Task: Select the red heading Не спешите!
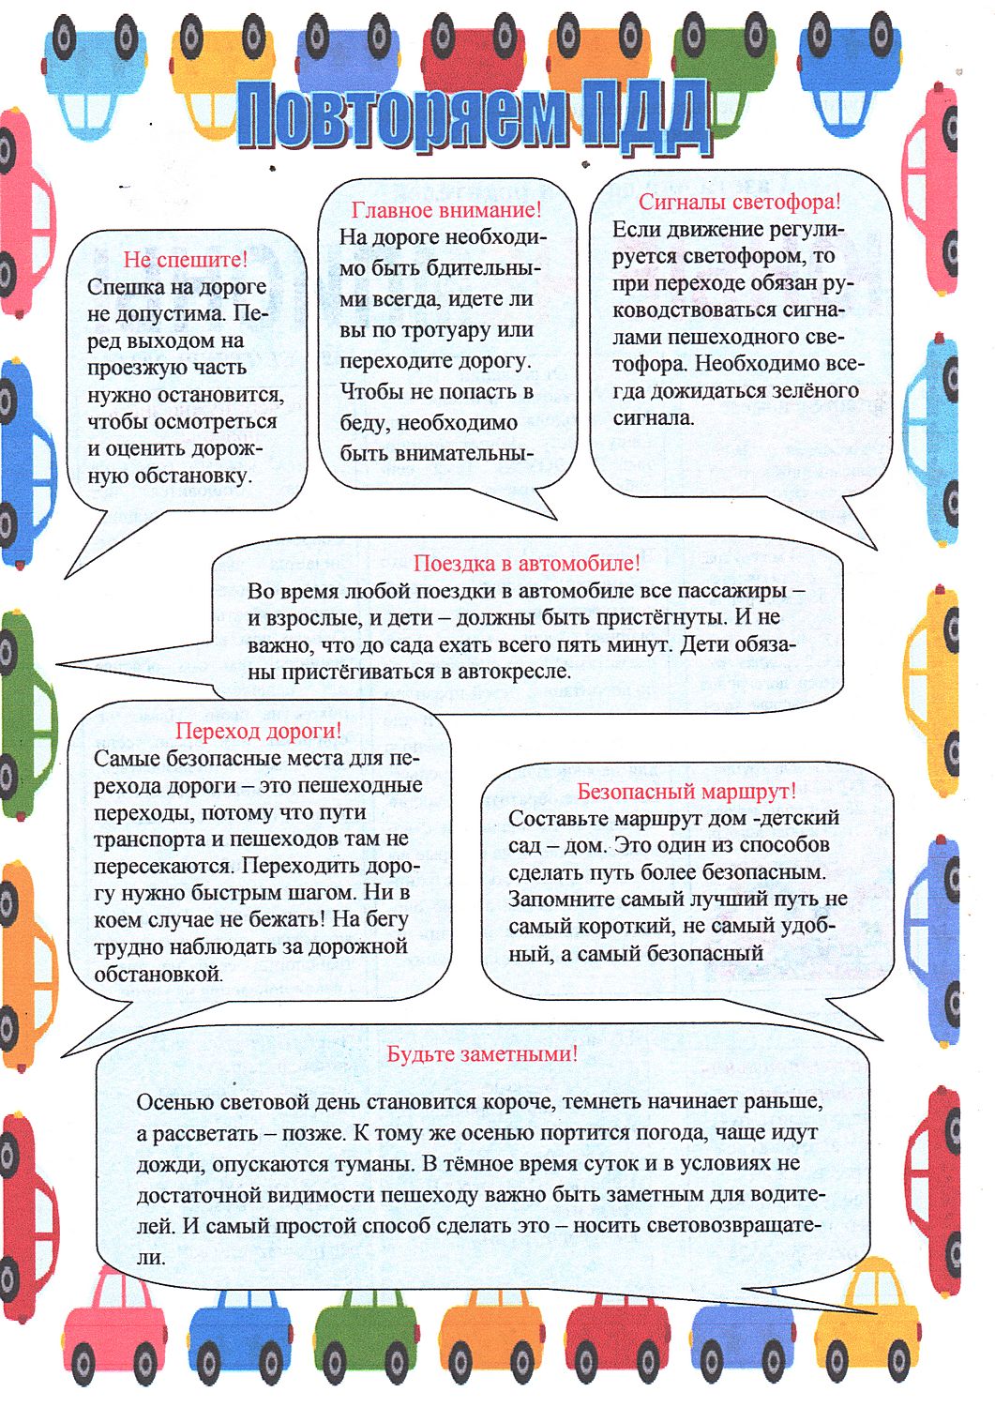click(186, 259)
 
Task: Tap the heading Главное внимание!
click(446, 209)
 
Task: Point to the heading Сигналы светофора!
click(740, 202)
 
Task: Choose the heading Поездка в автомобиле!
click(527, 563)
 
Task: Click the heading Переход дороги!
click(259, 731)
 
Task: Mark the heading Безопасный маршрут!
click(686, 792)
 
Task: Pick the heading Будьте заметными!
click(482, 1053)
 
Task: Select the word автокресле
click(513, 672)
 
